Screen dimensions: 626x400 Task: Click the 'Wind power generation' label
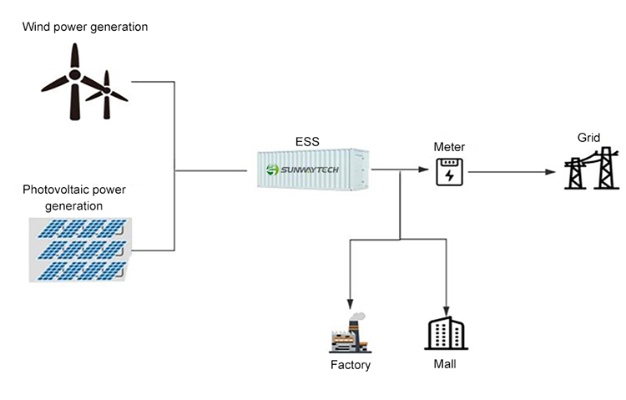pos(85,28)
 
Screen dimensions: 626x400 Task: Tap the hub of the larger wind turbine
pos(74,74)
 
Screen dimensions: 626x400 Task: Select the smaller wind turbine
pos(107,95)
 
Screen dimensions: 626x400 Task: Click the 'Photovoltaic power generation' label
pos(74,197)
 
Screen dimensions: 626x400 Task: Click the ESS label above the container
pos(307,142)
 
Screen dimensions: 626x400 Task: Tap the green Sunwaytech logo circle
pos(272,170)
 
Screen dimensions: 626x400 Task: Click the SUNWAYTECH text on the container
pos(310,170)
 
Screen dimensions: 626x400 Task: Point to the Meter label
pos(449,147)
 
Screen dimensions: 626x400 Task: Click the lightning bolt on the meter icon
pos(450,175)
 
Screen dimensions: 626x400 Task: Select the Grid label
pos(588,138)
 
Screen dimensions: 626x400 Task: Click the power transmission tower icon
pos(592,168)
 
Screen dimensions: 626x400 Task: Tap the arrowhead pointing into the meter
pos(423,170)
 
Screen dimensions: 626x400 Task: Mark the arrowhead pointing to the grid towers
pos(551,172)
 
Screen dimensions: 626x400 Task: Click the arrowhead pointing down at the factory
pos(350,305)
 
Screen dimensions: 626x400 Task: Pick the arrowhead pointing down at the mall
pos(447,311)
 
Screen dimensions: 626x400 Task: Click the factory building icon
pos(350,333)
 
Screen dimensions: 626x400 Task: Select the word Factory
pos(351,365)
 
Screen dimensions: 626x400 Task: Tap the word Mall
pos(445,364)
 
